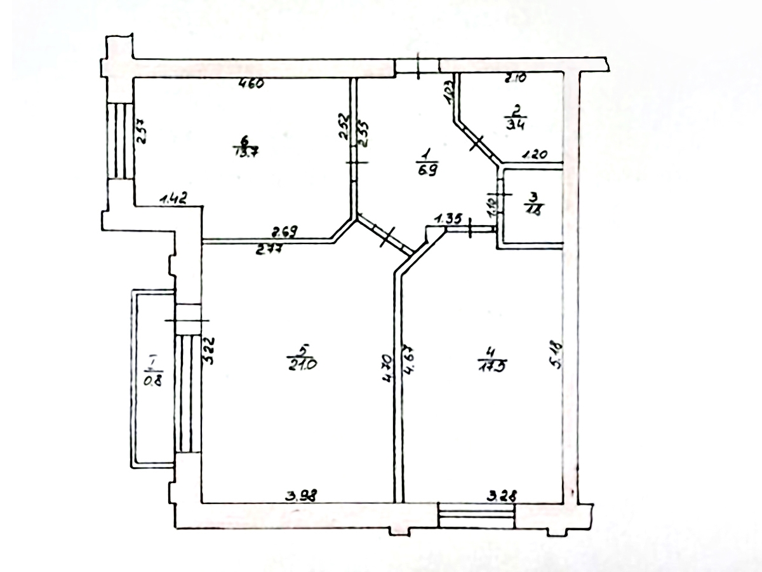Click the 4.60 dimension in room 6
pos(251,83)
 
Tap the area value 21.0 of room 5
pos(302,364)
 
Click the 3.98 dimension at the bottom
pos(301,496)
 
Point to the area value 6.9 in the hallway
pos(426,170)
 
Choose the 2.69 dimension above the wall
pos(285,231)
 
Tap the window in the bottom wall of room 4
pos(476,515)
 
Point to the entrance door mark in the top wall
pos(418,67)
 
